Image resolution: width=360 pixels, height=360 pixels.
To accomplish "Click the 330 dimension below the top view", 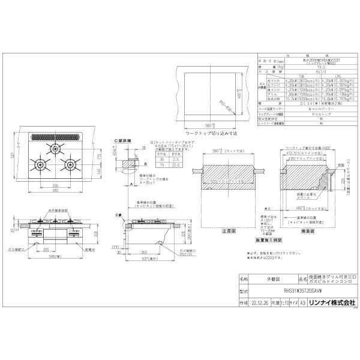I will click(55, 188).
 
